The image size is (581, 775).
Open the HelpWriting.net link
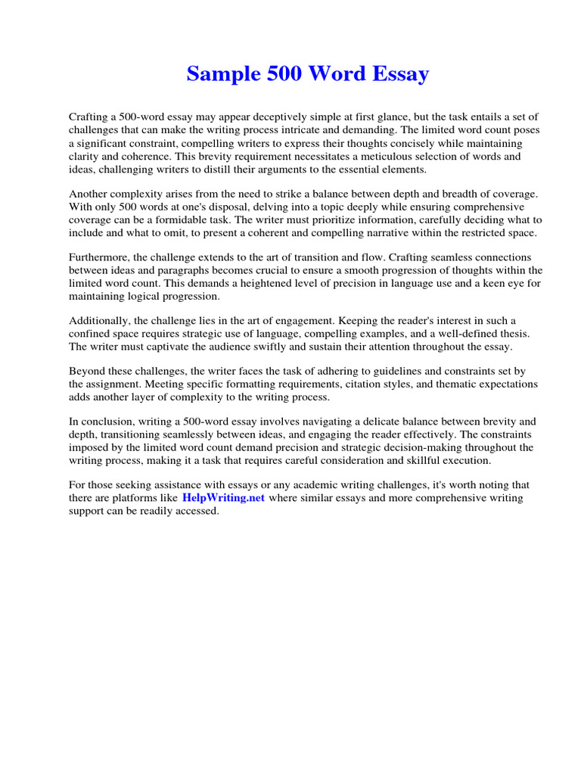[224, 499]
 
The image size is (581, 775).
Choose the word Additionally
[98, 321]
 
